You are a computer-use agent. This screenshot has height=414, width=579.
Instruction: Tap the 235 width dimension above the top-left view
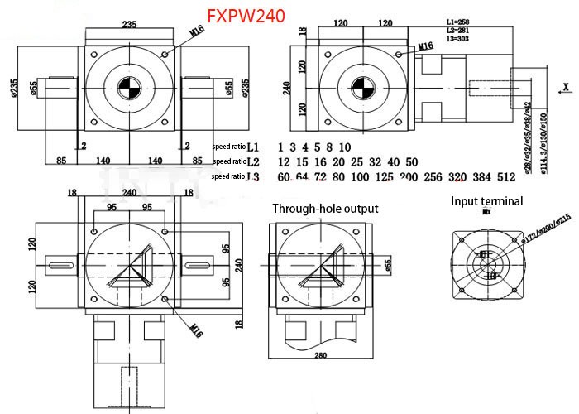(x=129, y=24)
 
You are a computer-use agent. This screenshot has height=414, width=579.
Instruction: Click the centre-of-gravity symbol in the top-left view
(x=129, y=88)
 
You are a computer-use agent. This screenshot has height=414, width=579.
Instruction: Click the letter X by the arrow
(x=564, y=85)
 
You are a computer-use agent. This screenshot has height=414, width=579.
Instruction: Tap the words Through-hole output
(x=325, y=209)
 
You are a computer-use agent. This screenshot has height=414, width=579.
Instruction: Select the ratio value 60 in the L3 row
(x=284, y=176)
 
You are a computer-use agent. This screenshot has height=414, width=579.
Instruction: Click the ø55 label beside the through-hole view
(x=389, y=265)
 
